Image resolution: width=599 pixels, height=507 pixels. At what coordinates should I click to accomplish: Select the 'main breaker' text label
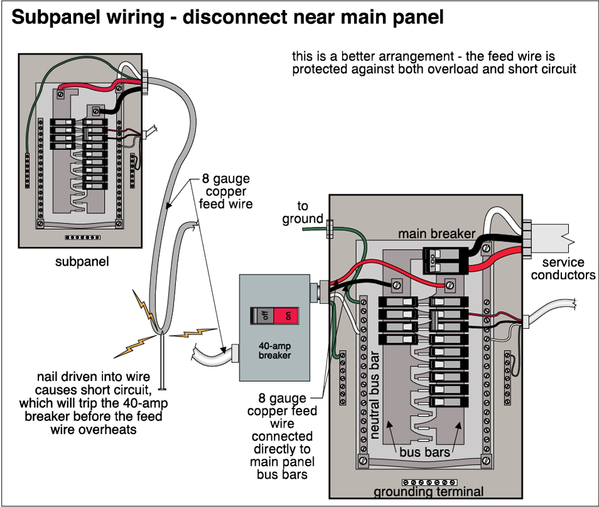click(437, 234)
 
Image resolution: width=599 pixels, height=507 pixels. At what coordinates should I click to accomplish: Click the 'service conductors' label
click(563, 269)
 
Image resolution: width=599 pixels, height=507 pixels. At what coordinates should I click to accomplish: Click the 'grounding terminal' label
click(429, 492)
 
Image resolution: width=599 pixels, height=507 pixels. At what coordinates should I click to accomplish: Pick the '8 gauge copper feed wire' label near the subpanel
click(227, 191)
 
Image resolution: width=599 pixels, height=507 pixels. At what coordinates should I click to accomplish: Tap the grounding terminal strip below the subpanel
click(82, 238)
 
